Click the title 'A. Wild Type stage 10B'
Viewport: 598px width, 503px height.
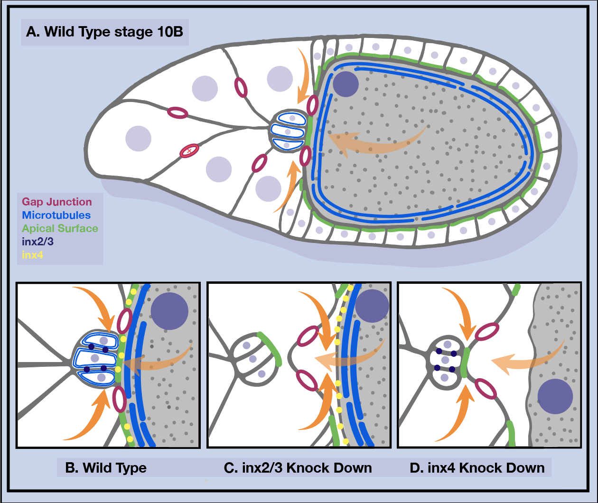105,32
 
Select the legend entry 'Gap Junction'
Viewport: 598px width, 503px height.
56,202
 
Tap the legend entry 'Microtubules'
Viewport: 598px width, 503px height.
56,215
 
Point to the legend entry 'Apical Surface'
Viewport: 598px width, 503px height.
60,228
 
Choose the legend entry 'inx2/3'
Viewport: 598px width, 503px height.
37,242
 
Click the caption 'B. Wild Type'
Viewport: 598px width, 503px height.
106,468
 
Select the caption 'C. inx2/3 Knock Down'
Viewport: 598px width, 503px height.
298,468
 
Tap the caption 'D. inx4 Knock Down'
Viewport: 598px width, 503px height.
477,468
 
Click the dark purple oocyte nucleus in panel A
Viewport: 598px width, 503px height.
346,84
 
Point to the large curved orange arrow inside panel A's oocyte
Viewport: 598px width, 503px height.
375,142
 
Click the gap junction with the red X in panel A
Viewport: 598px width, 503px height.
189,151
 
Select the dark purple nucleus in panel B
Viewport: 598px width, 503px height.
169,311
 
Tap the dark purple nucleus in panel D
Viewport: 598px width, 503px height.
555,397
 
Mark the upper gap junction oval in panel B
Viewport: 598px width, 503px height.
124,321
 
